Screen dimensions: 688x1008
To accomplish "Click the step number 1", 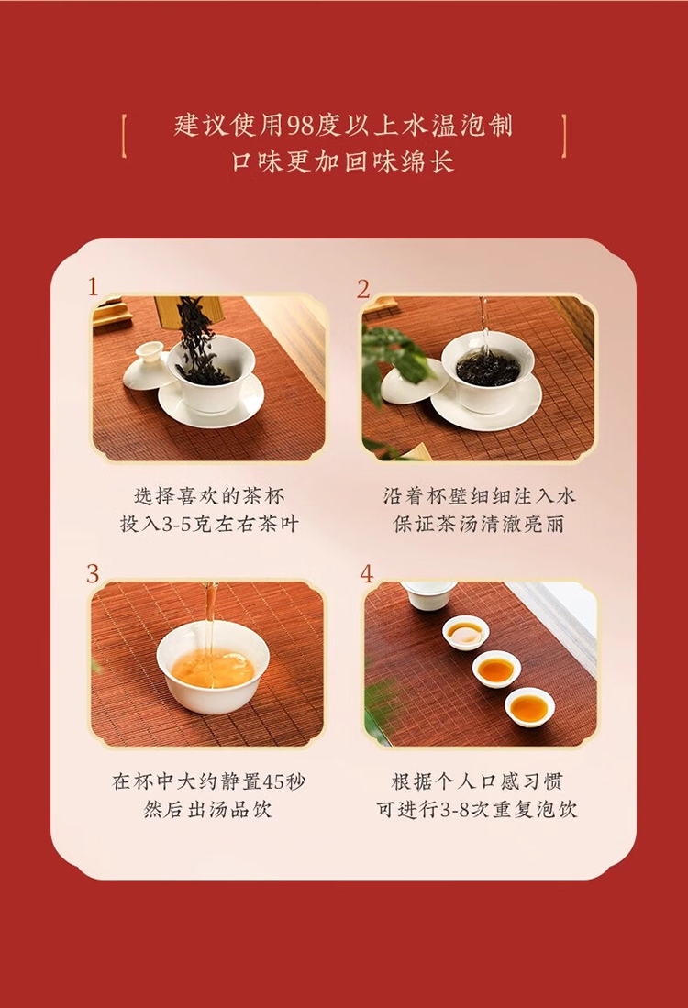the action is [x=94, y=287].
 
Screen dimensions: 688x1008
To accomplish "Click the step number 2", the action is [x=364, y=289].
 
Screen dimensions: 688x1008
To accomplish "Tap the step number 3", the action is [x=94, y=572].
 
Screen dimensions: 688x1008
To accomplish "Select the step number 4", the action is [x=367, y=572].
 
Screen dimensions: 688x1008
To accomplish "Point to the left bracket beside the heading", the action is [x=124, y=136].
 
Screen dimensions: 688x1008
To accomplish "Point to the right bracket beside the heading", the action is [x=564, y=136].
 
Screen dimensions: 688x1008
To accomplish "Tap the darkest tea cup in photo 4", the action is [x=530, y=707].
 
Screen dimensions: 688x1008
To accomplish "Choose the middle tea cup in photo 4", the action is [x=496, y=670].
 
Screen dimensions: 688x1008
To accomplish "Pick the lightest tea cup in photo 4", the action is [x=465, y=632].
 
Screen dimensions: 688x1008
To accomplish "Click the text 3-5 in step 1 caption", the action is [x=176, y=524].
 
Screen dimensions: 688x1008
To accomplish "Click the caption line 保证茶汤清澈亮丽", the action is [x=479, y=524].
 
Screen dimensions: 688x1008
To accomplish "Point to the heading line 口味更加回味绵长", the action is [x=343, y=161].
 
